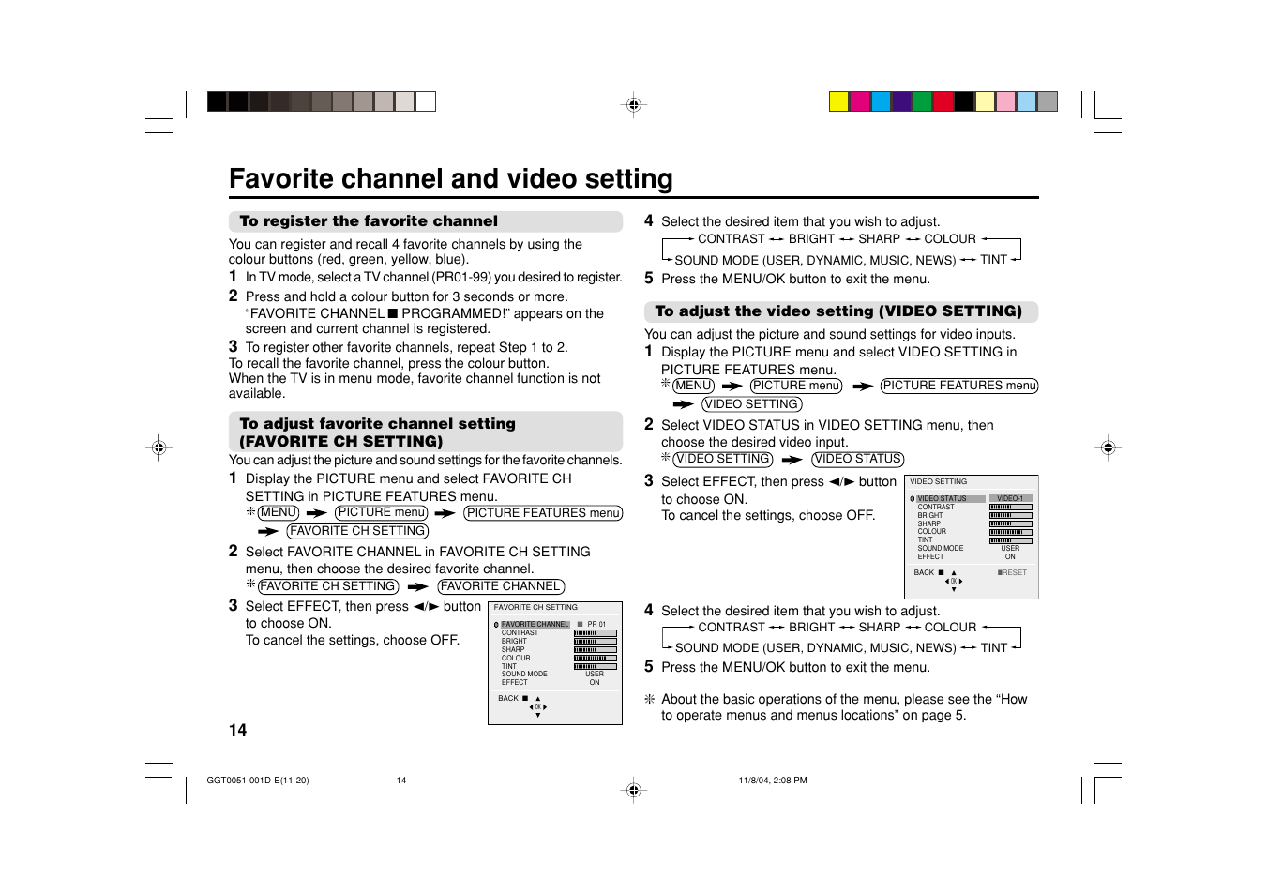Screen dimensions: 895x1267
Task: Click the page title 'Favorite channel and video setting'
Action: point(450,178)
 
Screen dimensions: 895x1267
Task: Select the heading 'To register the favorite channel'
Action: point(369,221)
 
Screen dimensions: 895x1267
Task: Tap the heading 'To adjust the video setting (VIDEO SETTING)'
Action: point(837,311)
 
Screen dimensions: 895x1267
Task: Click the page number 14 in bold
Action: point(237,730)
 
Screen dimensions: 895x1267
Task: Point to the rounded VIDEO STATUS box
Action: point(857,459)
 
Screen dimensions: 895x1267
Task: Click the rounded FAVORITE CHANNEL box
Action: point(501,586)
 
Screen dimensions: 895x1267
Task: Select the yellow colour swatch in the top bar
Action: point(838,101)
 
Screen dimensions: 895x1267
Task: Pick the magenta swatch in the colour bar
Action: point(860,101)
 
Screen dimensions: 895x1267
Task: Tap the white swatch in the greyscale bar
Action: point(426,101)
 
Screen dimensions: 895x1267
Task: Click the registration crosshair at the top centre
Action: point(634,105)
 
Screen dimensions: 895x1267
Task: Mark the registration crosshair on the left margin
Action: point(158,447)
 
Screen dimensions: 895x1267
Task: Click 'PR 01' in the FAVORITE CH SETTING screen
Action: point(596,624)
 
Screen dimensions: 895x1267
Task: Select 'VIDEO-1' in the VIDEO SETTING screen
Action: point(1010,498)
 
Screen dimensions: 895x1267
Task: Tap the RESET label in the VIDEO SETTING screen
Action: point(1012,572)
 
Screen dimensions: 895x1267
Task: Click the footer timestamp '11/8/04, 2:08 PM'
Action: point(772,781)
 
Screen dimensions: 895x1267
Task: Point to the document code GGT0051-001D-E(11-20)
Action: point(257,781)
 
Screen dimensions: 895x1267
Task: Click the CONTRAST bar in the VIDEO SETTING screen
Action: point(1010,507)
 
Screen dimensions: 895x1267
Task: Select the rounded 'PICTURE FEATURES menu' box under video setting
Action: point(958,386)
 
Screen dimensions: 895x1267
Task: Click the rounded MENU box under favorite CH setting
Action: point(279,512)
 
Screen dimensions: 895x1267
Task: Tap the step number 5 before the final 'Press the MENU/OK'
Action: point(648,667)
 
